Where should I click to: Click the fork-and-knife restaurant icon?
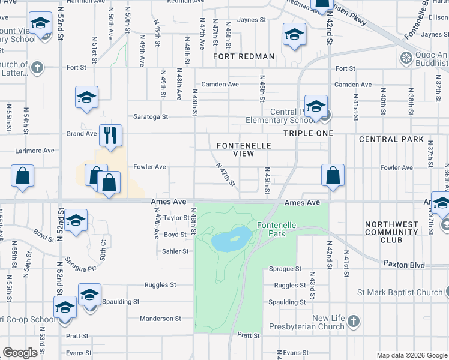tap(110, 134)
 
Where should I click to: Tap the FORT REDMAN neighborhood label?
tap(244, 57)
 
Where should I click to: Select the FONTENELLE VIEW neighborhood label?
tap(244, 149)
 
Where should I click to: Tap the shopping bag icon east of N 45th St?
tap(333, 175)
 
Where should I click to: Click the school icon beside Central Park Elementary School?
tap(315, 105)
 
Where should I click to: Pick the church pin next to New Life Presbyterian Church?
tap(354, 322)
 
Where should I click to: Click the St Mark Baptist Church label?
tap(399, 293)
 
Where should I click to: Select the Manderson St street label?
tap(160, 319)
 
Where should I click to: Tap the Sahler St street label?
tap(176, 251)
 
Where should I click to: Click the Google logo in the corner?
tap(20, 353)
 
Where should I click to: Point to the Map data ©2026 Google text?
tap(412, 355)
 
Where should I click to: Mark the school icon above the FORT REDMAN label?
tap(294, 35)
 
